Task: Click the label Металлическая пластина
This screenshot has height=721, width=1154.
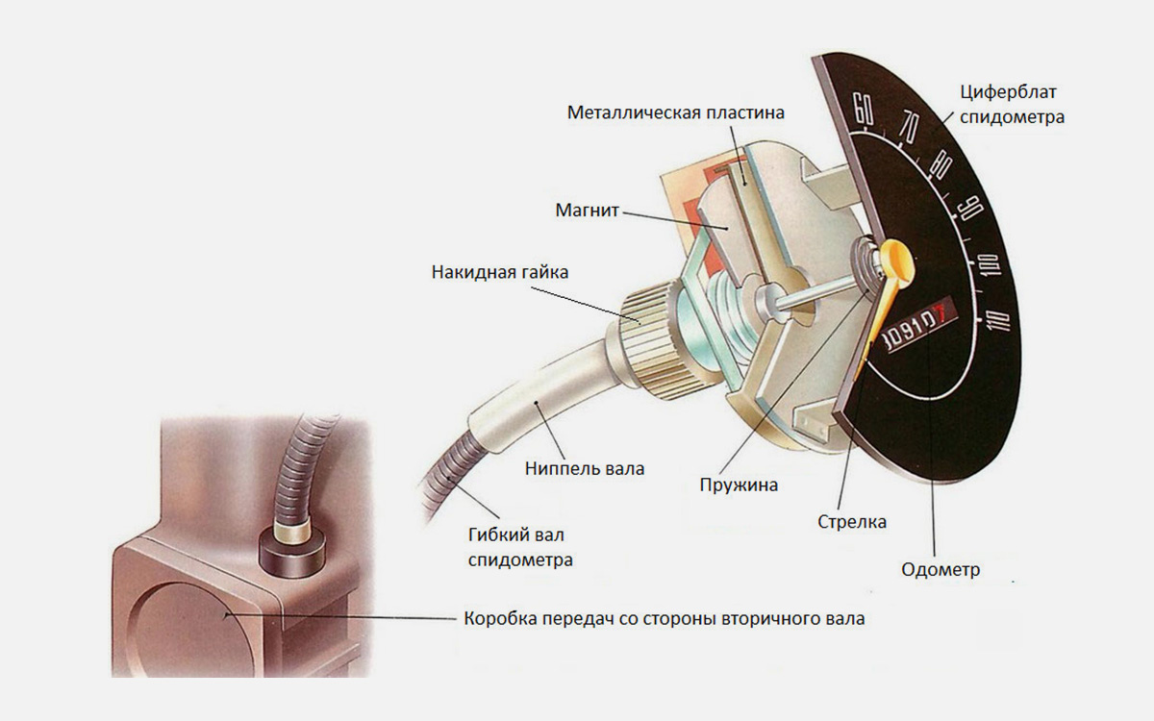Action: coord(676,112)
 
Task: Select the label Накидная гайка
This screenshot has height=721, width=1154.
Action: coord(499,272)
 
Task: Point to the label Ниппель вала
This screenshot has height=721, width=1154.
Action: coord(585,469)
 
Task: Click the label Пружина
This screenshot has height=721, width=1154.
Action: coord(739,485)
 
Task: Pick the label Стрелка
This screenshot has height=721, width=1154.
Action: coord(851,522)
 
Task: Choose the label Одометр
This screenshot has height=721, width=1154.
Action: coord(941,569)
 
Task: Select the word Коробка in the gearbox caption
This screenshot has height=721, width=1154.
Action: coord(498,618)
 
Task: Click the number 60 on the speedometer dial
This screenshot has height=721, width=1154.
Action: coord(864,110)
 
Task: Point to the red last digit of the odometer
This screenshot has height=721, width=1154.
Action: coord(944,311)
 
